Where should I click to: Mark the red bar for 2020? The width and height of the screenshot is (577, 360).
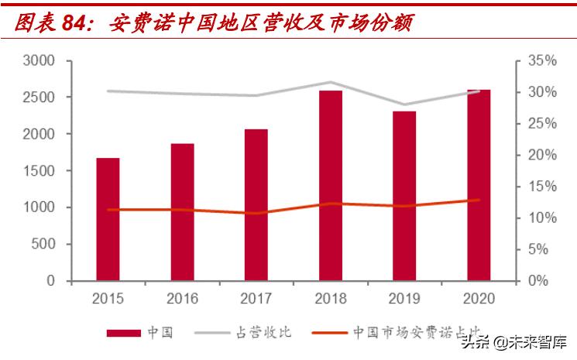tap(479, 185)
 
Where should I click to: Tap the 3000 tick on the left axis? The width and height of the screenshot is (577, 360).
tap(39, 61)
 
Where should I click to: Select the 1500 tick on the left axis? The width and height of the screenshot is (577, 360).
tap(39, 171)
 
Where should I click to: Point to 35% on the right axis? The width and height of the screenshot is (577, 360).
tap(542, 61)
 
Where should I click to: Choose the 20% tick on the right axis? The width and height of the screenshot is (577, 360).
tap(542, 155)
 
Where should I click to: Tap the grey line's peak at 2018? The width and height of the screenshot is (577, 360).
tap(331, 82)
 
